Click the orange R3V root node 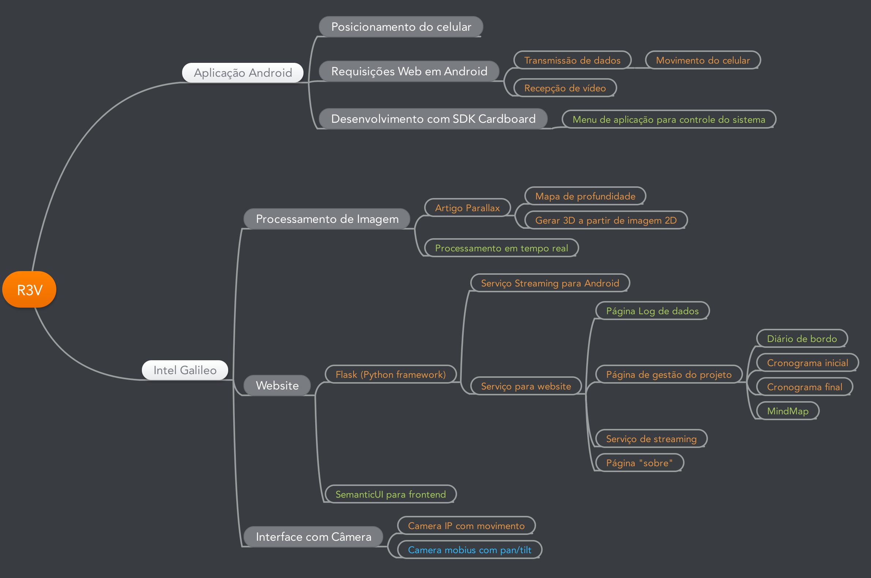[29, 290]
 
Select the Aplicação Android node [243, 73]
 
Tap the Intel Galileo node [185, 370]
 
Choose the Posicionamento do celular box [401, 27]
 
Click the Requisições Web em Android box [409, 71]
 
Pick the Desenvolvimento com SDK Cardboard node [433, 119]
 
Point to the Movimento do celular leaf [702, 60]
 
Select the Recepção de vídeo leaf [565, 88]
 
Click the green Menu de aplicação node [668, 119]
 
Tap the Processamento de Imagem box [327, 219]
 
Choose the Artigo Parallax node [467, 208]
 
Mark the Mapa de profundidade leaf [585, 196]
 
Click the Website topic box [277, 385]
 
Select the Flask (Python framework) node [390, 374]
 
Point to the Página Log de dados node [652, 311]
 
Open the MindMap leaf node [787, 411]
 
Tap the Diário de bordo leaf [801, 339]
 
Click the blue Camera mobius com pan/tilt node [469, 550]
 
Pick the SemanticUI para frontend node [390, 494]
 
